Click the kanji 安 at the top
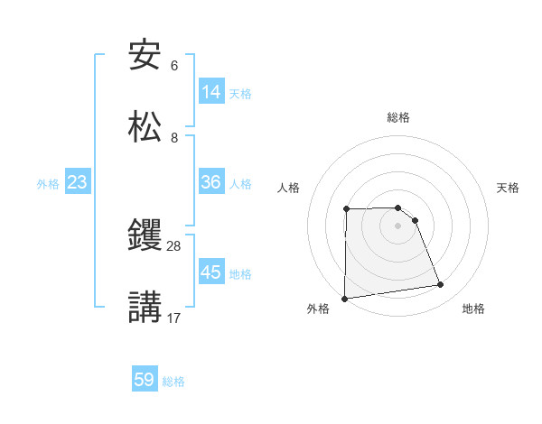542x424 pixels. point(145,56)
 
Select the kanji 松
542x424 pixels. point(145,126)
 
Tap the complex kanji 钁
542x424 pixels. point(145,236)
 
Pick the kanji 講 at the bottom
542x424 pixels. point(145,307)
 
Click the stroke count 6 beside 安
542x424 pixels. point(174,67)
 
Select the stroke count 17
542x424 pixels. point(174,318)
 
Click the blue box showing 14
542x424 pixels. point(211,91)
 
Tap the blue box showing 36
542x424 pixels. point(211,182)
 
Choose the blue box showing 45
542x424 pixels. point(211,272)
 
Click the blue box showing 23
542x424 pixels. point(78,182)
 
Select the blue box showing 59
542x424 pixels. point(145,380)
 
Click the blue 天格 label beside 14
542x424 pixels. point(240,93)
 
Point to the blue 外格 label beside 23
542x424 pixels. point(48,184)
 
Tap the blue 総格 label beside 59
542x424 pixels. point(173,382)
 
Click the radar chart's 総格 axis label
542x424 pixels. point(398,117)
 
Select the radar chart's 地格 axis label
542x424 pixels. point(473,309)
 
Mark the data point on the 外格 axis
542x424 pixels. point(344,299)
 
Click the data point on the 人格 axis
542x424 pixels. point(346,209)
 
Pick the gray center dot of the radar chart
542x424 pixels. point(397,226)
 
